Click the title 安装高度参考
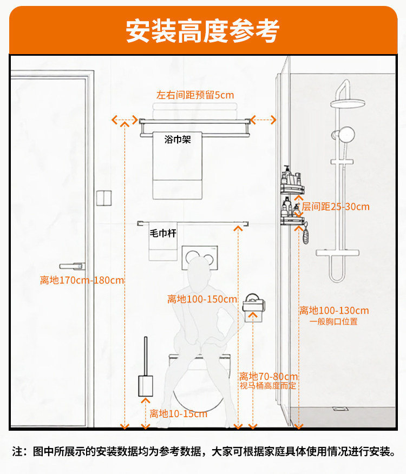point(202,31)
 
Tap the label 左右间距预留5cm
point(195,96)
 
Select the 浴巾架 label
point(178,140)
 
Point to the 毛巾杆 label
point(163,234)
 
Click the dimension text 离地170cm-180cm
point(82,280)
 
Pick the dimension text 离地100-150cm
point(202,299)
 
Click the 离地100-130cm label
point(333,311)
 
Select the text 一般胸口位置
point(333,321)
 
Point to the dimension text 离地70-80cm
point(269,377)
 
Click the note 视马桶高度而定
point(268,386)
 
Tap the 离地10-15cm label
point(178,414)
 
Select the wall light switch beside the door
point(103,198)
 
